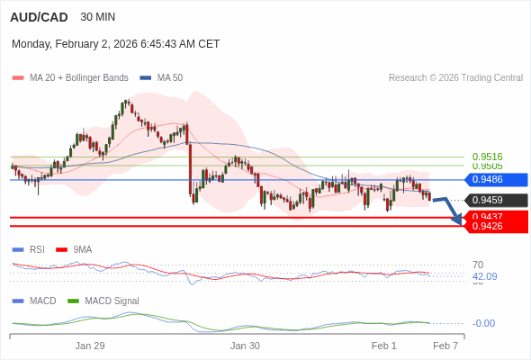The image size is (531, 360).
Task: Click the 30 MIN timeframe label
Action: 97,17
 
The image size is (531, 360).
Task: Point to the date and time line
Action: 115,44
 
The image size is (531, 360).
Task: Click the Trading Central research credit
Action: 455,78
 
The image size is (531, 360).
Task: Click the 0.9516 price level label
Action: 487,157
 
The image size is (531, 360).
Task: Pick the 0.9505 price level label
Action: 487,166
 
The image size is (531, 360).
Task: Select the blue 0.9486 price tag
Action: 494,180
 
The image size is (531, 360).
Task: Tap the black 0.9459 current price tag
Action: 494,200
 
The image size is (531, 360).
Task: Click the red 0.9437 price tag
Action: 494,216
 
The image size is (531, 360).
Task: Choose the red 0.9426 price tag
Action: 494,226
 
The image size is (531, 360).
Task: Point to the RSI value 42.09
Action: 484,276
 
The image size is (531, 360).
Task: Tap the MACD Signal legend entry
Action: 112,301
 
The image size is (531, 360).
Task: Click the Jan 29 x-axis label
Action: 90,346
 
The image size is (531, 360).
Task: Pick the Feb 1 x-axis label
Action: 384,346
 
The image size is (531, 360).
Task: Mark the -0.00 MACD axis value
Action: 483,323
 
